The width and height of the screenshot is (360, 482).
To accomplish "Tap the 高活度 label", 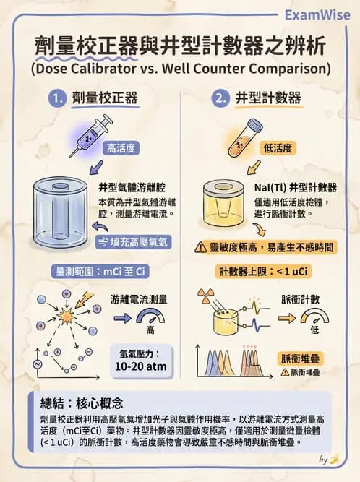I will point(121,149).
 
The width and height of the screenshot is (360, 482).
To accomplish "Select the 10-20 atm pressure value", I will point(147,366).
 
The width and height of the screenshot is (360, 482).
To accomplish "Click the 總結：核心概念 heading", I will point(82,403).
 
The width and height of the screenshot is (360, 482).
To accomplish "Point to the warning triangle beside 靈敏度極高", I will point(201,247).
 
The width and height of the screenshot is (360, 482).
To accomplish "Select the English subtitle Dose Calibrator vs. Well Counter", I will point(180,69).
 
